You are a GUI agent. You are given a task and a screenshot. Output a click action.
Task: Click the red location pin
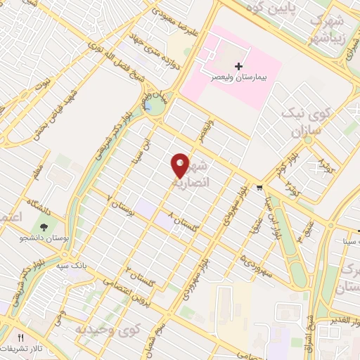(x=181, y=165)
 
